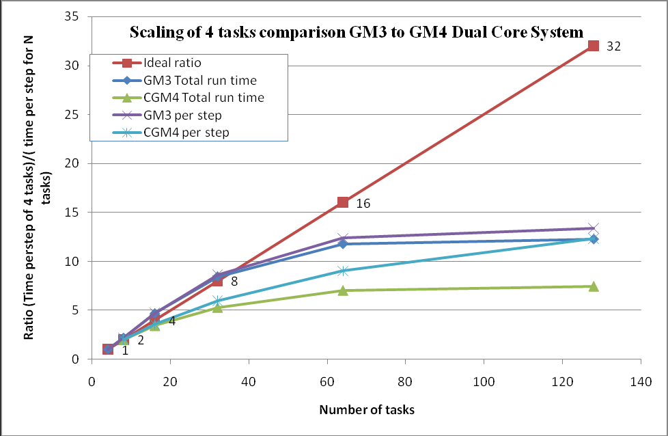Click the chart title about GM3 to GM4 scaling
coord(357,31)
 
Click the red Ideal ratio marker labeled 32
coord(593,46)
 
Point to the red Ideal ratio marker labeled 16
coord(343,202)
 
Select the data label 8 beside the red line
coord(234,282)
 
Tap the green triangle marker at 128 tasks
coord(593,286)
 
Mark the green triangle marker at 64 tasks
coord(343,290)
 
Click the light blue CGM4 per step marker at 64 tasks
coord(343,271)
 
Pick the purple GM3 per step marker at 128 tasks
coord(593,228)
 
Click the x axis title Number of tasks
coord(366,410)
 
